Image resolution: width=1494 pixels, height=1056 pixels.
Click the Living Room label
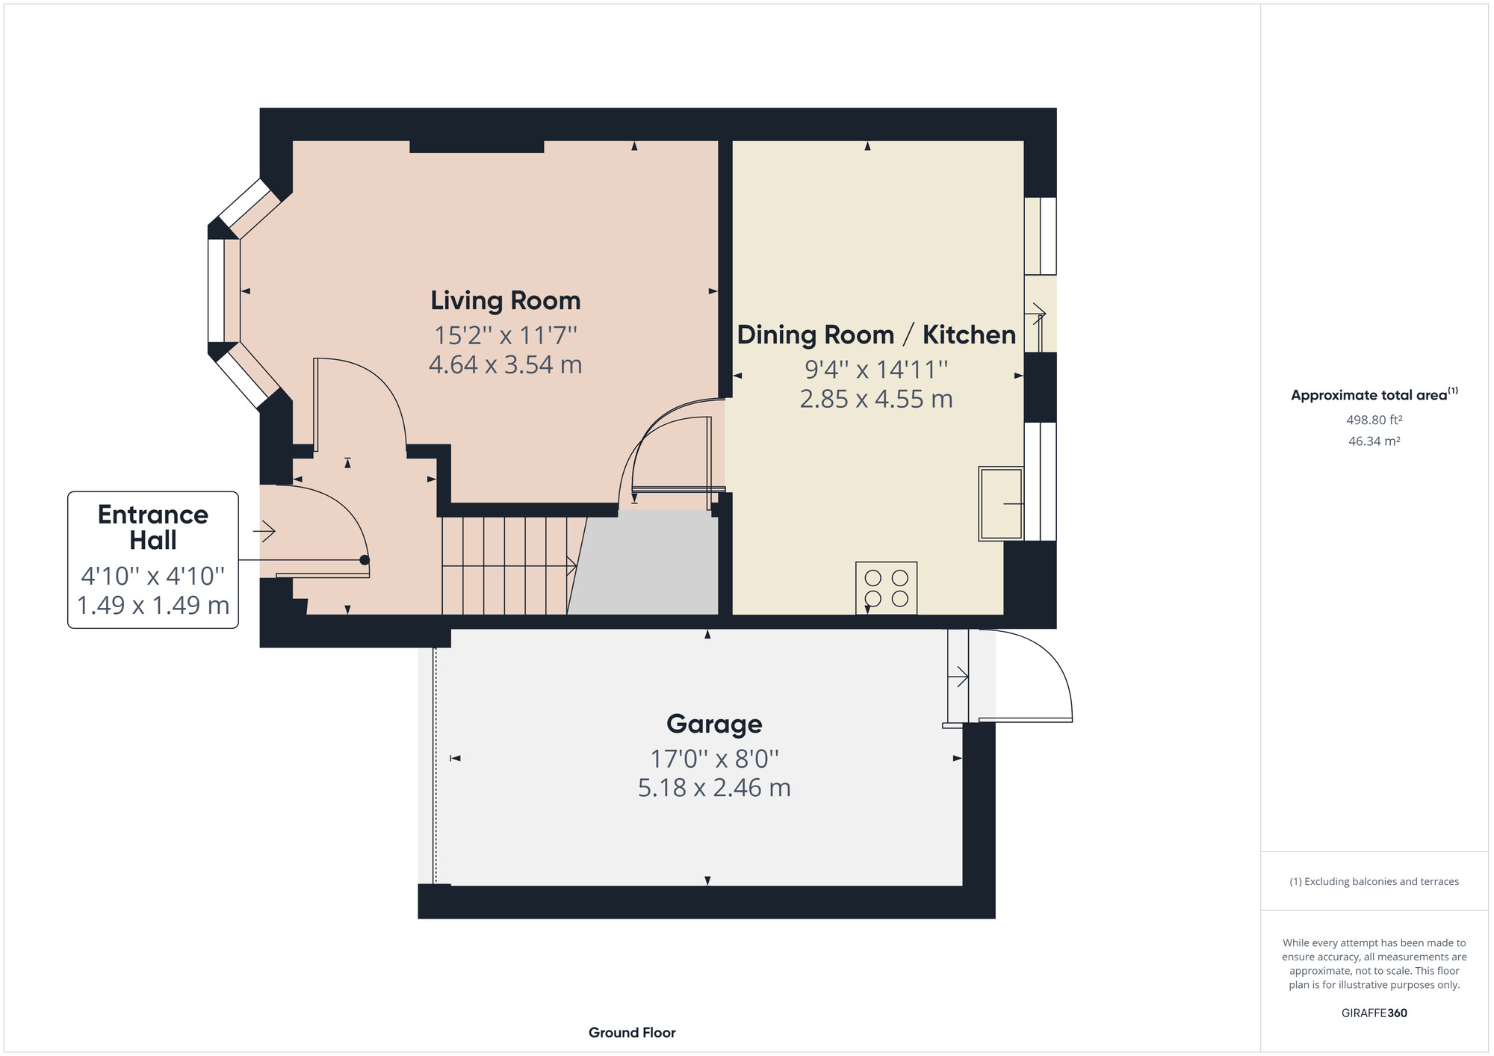point(505,300)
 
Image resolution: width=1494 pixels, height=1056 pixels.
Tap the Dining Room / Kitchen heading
point(875,335)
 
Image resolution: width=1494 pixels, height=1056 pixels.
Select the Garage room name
point(713,724)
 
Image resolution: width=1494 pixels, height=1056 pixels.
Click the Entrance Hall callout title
point(152,527)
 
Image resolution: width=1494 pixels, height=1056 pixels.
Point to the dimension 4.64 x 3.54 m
point(505,364)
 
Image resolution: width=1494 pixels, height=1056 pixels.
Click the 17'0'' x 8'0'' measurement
point(713,759)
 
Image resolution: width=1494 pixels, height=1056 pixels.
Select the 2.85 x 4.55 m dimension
point(875,399)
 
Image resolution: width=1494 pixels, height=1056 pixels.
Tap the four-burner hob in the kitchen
point(886,588)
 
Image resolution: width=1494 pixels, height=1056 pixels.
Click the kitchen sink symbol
point(1000,503)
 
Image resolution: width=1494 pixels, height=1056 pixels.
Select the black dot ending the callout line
point(365,560)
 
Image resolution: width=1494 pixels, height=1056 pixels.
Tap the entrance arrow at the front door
point(264,532)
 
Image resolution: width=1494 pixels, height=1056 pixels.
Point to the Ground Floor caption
point(632,1033)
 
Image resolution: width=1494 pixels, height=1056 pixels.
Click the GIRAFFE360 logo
point(1374,1013)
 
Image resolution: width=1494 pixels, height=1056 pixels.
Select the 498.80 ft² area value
point(1374,420)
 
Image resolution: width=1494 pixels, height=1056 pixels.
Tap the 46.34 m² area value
point(1374,441)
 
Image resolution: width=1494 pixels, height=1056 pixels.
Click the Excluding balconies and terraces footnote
point(1374,882)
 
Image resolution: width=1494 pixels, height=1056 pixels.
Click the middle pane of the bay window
point(216,291)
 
